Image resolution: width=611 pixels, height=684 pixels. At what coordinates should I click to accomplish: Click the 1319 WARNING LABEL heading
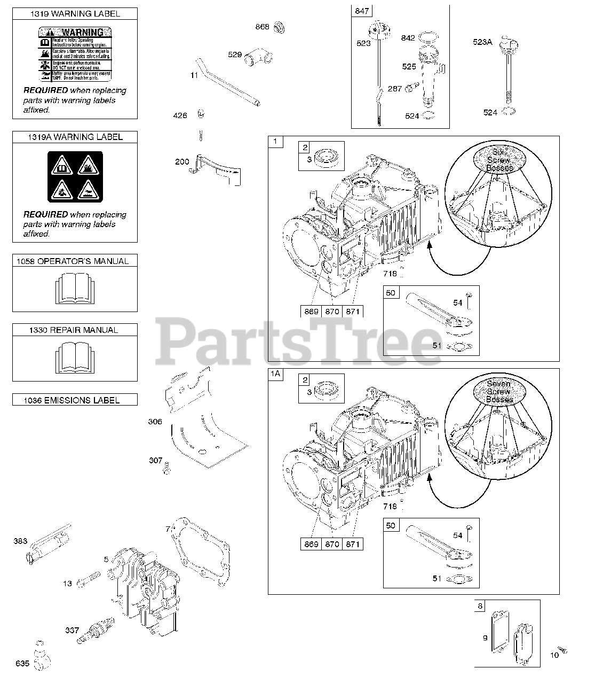[75, 14]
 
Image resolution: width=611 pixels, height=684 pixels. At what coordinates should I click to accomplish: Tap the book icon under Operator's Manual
[75, 289]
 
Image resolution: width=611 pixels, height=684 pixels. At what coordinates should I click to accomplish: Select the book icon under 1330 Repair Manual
[75, 357]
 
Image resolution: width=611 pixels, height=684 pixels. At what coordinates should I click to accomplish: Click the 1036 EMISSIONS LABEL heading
[75, 400]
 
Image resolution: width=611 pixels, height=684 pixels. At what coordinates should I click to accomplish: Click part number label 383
[20, 541]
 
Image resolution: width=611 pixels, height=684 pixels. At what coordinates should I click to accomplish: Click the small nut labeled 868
[277, 27]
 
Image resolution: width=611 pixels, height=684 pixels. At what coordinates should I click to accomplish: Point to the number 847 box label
[361, 11]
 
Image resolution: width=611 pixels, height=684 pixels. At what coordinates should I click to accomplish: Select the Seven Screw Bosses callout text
[499, 391]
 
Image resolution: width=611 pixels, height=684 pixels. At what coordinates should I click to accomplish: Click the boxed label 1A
[275, 374]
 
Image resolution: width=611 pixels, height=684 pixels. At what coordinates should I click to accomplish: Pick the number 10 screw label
[554, 655]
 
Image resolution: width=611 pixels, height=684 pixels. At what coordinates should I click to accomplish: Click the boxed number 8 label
[480, 606]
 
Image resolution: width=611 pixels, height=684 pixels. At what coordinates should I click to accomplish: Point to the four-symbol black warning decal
[75, 177]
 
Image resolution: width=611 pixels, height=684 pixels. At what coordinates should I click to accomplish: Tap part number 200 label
[182, 161]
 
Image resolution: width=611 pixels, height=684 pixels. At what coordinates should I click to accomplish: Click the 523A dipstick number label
[482, 42]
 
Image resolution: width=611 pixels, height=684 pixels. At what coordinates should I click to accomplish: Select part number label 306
[155, 422]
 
